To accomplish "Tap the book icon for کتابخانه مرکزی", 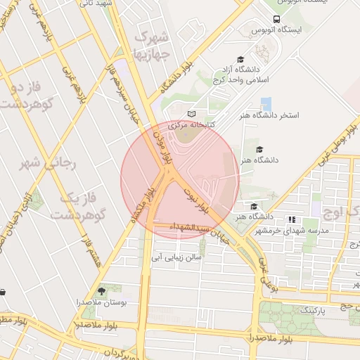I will coord(191,114).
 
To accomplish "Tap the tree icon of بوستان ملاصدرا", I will coord(101,290).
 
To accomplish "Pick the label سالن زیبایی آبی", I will coord(180,257).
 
